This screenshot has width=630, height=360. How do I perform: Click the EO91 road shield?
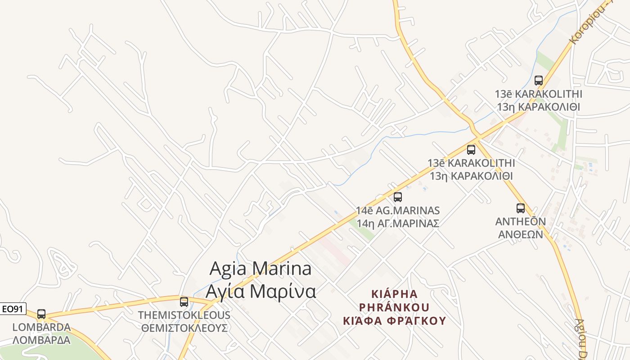tap(13, 309)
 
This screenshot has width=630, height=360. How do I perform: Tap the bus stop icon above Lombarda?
tap(41, 314)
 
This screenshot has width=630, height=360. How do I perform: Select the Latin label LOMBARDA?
tap(41, 327)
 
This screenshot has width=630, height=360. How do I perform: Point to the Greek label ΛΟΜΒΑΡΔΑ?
tap(41, 340)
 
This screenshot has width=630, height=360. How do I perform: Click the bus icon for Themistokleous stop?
tap(184, 301)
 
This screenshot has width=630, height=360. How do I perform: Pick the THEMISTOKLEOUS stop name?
tap(184, 315)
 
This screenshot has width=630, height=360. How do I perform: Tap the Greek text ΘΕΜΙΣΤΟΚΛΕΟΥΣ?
tap(184, 328)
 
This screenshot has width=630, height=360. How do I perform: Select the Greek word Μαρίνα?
tap(283, 292)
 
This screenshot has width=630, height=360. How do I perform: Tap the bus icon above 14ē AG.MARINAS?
tap(397, 197)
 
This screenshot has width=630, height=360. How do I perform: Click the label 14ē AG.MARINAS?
tap(398, 211)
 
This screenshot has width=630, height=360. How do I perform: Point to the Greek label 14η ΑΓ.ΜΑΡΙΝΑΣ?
tap(398, 223)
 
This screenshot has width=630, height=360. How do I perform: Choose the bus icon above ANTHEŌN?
tap(520, 208)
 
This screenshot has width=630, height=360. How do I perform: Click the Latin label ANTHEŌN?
tap(520, 222)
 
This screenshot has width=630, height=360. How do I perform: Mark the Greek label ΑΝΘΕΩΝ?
tap(520, 234)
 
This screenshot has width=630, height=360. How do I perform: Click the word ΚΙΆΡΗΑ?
tap(394, 294)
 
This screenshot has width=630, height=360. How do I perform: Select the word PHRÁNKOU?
tap(394, 307)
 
